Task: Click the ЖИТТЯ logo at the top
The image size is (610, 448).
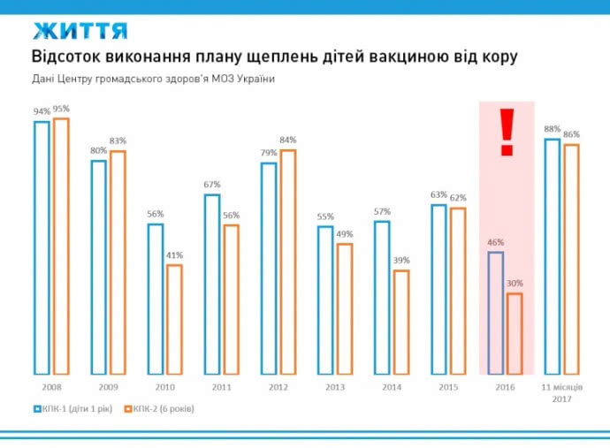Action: pos(80,30)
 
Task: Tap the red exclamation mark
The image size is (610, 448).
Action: pos(507,133)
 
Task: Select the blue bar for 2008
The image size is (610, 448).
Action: pos(42,247)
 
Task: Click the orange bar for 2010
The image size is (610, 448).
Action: pos(174,319)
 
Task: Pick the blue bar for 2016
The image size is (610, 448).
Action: pos(496,313)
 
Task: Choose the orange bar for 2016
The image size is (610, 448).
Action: pos(515,333)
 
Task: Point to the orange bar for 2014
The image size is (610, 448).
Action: pos(401,322)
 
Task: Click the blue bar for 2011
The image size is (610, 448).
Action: pos(211,284)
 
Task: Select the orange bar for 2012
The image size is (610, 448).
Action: pos(287,262)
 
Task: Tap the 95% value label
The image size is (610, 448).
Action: pos(61,109)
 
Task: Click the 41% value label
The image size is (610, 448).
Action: pos(174,255)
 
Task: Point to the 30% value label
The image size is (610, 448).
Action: pos(515,284)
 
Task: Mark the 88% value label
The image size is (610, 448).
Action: pos(553,128)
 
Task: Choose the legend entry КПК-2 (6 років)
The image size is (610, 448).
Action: pos(162,409)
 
